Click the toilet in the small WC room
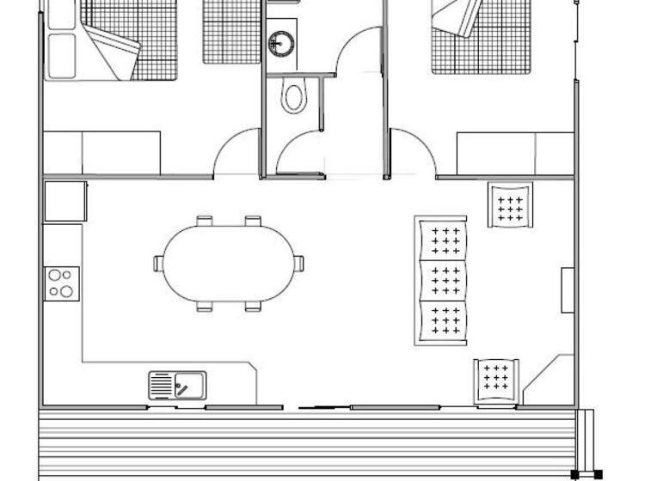[x=293, y=99]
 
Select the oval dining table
[x=228, y=264]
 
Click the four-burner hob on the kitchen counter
[x=62, y=283]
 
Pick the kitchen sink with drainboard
[x=178, y=385]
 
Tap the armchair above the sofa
[x=510, y=205]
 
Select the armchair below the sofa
[x=496, y=379]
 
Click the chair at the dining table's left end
[x=159, y=263]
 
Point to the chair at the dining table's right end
[x=298, y=263]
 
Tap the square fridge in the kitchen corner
[x=65, y=201]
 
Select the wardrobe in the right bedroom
[x=514, y=153]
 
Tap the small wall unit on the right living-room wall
[x=568, y=290]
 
